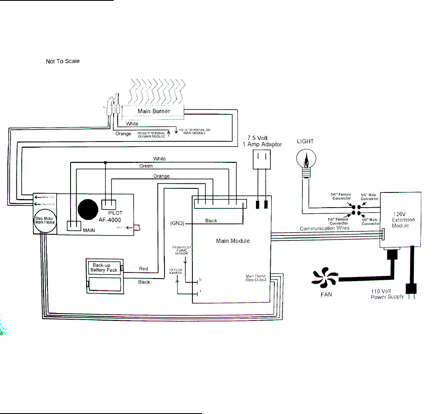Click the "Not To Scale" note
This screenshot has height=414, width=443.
[x=62, y=62]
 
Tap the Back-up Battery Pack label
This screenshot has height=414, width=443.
[x=104, y=268]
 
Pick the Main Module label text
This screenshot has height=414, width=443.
[x=233, y=241]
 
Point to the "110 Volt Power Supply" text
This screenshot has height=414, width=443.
[x=388, y=294]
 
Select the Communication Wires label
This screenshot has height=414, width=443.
[x=324, y=228]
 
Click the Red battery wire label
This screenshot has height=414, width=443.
[x=144, y=269]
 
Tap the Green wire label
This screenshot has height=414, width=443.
[x=146, y=166]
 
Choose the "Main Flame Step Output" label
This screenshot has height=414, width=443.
[x=256, y=278]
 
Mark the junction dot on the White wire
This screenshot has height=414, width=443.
[x=105, y=162]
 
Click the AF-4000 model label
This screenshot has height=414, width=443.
[x=110, y=220]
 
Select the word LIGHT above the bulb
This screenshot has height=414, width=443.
[x=305, y=141]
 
